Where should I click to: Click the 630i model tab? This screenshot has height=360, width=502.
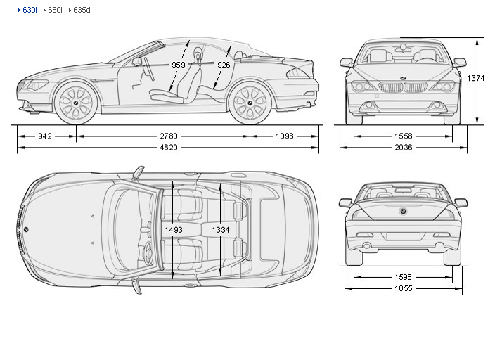(x=29, y=11)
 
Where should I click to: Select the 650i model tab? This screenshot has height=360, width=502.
(x=55, y=11)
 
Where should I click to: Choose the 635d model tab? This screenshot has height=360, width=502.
(x=81, y=11)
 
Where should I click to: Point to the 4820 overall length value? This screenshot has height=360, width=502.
(x=167, y=148)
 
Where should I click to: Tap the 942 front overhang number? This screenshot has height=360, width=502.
(x=45, y=136)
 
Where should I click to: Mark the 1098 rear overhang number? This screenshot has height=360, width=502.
(x=284, y=136)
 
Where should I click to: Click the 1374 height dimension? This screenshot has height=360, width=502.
(x=475, y=79)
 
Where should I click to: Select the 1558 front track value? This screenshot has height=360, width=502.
(x=403, y=136)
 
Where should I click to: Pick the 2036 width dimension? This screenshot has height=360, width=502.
(x=403, y=148)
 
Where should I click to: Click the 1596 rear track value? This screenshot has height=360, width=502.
(x=403, y=276)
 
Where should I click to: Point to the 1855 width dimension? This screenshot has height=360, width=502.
(x=403, y=288)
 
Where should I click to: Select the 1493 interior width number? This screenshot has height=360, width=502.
(x=173, y=229)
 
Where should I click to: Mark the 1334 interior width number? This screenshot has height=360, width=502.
(x=221, y=229)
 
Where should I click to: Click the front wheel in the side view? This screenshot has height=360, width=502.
(x=75, y=103)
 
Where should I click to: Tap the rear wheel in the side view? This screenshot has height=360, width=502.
(x=249, y=103)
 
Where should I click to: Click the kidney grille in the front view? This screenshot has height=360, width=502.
(x=403, y=88)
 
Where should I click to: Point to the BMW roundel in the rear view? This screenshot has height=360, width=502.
(x=403, y=211)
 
